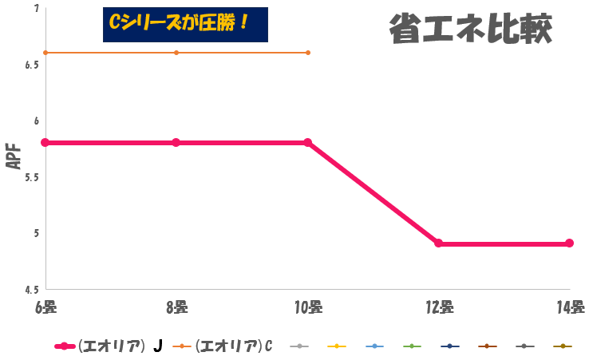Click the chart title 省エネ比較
[x=471, y=30]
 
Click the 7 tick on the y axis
[x=36, y=9]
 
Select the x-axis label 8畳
[x=176, y=307]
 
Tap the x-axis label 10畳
[x=308, y=307]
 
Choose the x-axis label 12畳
[x=439, y=307]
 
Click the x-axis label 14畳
[x=570, y=307]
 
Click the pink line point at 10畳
[x=308, y=143]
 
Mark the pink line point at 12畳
[x=439, y=243]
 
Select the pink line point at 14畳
[x=570, y=243]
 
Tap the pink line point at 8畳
[x=176, y=143]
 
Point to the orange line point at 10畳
[x=308, y=53]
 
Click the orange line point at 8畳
[x=176, y=53]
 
